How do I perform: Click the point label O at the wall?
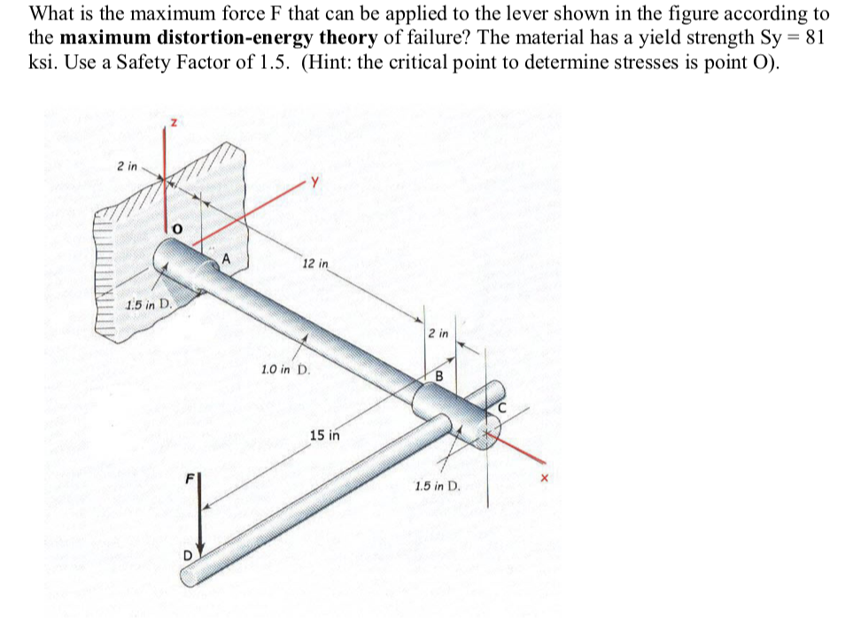177,229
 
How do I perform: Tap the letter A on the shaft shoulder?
227,258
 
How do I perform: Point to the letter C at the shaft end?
501,408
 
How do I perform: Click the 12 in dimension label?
315,264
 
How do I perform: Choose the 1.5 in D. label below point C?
438,486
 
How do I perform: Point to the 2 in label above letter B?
438,334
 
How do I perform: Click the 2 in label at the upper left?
128,166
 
